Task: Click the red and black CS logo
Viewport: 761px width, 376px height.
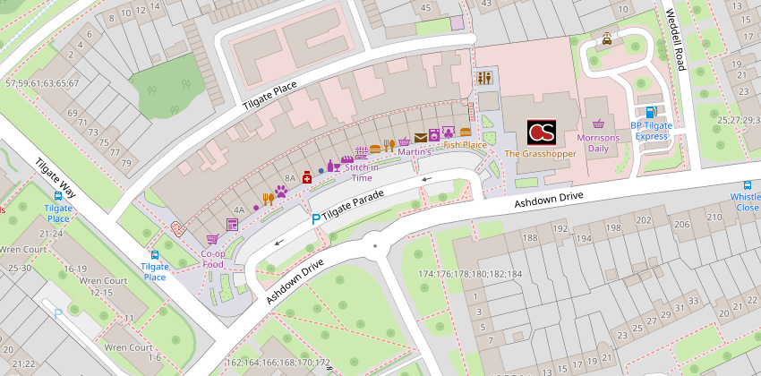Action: [x=542, y=133]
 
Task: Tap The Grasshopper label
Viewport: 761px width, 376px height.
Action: [x=541, y=154]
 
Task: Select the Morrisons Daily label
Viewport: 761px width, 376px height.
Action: [x=598, y=143]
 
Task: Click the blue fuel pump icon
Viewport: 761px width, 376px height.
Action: [x=650, y=112]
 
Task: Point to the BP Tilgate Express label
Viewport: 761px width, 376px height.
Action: [x=650, y=131]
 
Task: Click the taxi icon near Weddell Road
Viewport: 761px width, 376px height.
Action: [x=607, y=39]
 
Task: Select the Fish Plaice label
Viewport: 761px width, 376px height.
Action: [x=465, y=144]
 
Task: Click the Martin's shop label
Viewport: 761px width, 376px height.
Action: [x=415, y=152]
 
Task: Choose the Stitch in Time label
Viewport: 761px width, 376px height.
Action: [x=362, y=172]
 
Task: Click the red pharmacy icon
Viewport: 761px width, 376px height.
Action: [x=307, y=177]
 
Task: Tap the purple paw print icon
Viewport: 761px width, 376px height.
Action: [x=281, y=192]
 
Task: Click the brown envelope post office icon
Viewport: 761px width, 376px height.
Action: [x=420, y=137]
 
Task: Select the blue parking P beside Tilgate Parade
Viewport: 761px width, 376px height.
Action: [x=314, y=218]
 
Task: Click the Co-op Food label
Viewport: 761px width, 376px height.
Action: [x=212, y=259]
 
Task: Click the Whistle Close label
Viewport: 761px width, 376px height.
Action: [x=745, y=201]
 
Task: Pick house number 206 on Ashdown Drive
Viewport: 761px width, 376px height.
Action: [x=682, y=224]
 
